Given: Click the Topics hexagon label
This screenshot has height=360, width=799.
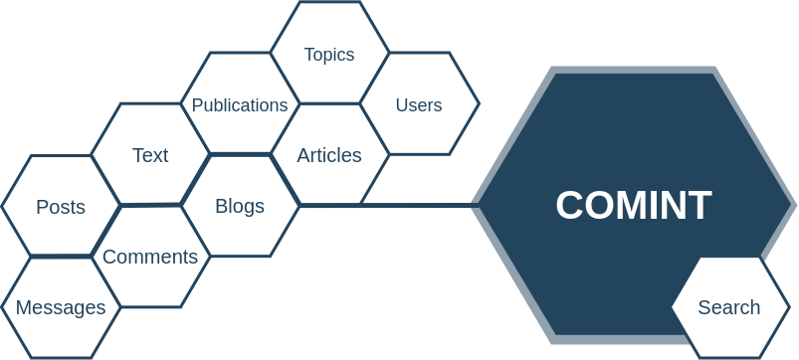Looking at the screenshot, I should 329,55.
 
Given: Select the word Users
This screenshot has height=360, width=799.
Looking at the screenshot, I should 419,104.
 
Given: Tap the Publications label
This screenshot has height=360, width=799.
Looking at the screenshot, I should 240,105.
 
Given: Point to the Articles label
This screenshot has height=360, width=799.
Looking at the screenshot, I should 329,155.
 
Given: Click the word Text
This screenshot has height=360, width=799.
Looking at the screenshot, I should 150,155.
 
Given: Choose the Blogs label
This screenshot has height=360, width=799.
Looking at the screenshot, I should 240,206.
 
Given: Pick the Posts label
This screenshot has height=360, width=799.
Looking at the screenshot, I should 61,207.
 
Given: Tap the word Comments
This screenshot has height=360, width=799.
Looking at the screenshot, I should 150,257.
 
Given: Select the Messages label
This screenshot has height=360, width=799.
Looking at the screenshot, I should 61,307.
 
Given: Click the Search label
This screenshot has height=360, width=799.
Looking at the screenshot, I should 729,307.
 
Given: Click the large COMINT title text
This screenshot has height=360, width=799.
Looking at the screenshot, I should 634,206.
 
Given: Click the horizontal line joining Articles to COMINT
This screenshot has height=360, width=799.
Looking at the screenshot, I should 418,205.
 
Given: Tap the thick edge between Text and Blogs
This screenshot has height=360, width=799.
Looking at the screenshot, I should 195,180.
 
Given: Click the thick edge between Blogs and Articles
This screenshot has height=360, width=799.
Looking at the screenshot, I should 285,180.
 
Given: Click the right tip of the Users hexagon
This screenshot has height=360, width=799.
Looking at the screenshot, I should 480,103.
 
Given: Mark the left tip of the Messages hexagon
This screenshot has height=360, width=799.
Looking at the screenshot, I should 2,307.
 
